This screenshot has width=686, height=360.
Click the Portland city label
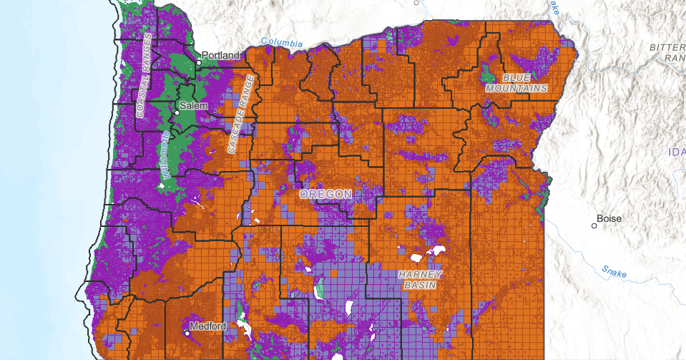click(x=222, y=55)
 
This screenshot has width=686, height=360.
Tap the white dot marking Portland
click(x=200, y=62)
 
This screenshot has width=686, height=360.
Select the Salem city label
click(x=192, y=105)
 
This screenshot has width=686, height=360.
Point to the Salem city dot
click(x=177, y=113)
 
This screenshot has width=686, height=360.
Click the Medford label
click(x=209, y=326)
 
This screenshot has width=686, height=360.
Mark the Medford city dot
click(x=187, y=333)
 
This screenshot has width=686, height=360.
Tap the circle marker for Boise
click(x=594, y=226)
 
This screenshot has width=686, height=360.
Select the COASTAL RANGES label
click(x=144, y=74)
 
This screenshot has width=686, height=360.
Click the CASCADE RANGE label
click(x=240, y=114)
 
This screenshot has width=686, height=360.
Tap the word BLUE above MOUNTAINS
click(x=516, y=77)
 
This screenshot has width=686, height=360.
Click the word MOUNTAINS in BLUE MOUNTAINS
click(x=516, y=88)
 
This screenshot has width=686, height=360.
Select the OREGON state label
click(x=325, y=195)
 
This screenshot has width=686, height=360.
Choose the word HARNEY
click(x=421, y=274)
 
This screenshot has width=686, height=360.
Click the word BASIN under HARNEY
click(x=421, y=285)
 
